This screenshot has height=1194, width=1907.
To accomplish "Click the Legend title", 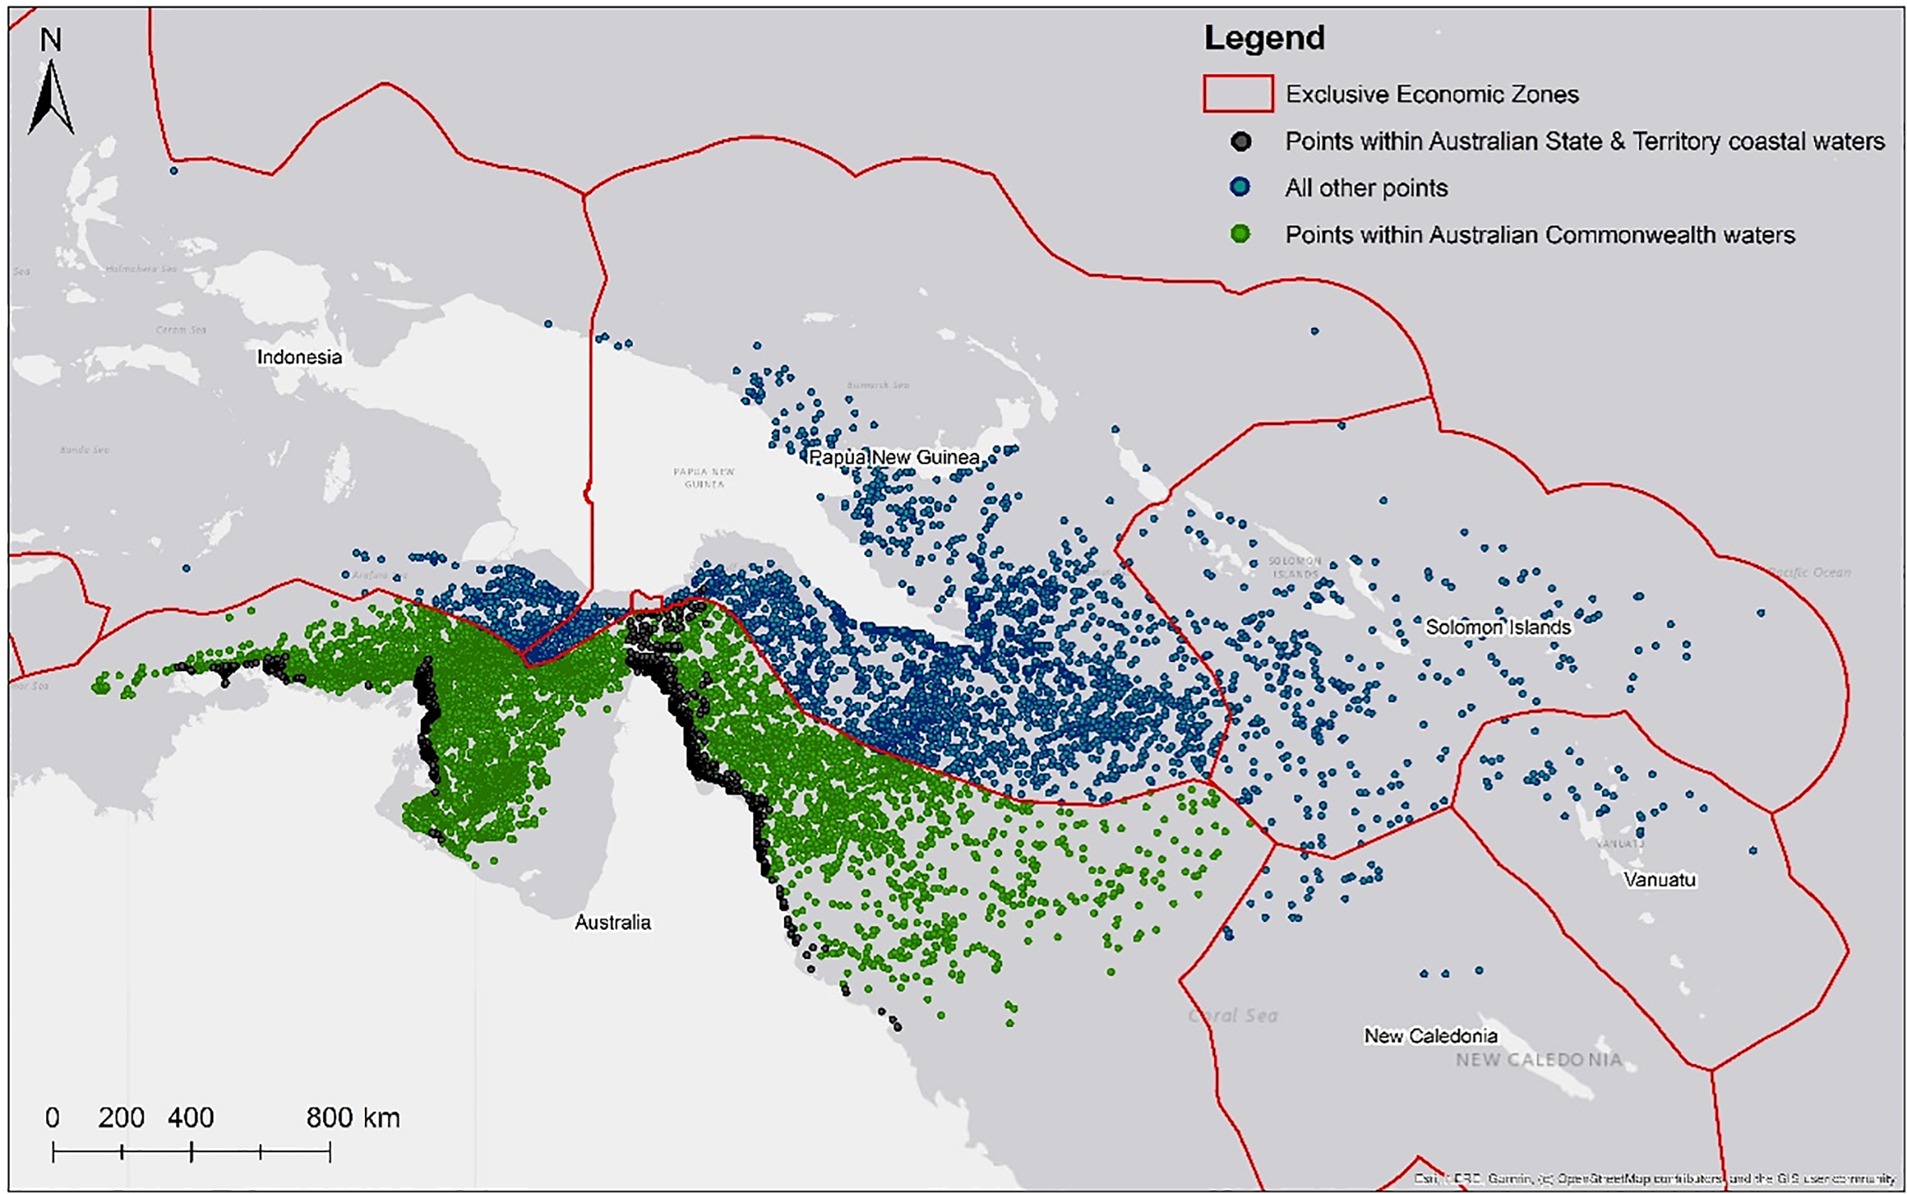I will (1264, 38).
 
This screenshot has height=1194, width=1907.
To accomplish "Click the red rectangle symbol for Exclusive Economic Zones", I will (1238, 94).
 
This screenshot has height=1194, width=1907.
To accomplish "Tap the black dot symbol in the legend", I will (1241, 142).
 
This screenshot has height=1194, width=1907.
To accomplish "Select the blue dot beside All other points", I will (1240, 187).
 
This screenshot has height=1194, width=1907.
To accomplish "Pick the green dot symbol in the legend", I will (1240, 234).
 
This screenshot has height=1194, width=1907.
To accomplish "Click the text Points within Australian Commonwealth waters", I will (1540, 235).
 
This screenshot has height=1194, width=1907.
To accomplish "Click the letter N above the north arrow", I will (51, 40).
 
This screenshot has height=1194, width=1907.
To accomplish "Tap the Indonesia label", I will (300, 357).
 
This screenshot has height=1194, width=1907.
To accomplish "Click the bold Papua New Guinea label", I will (894, 458).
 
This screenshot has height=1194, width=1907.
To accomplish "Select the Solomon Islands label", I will (1498, 627).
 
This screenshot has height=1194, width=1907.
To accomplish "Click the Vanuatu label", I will (1659, 880).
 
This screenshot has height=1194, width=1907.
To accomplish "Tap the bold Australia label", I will (612, 922).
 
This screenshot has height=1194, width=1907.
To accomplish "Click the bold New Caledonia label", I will (1430, 1036).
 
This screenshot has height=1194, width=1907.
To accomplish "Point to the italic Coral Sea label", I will (1232, 1016).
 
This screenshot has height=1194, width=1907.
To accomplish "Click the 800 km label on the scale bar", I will (353, 1118).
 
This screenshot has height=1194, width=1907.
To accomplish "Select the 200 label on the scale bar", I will (121, 1118).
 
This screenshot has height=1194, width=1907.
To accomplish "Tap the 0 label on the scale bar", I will (52, 1118).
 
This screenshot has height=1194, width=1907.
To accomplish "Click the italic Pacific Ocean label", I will (1809, 572).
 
